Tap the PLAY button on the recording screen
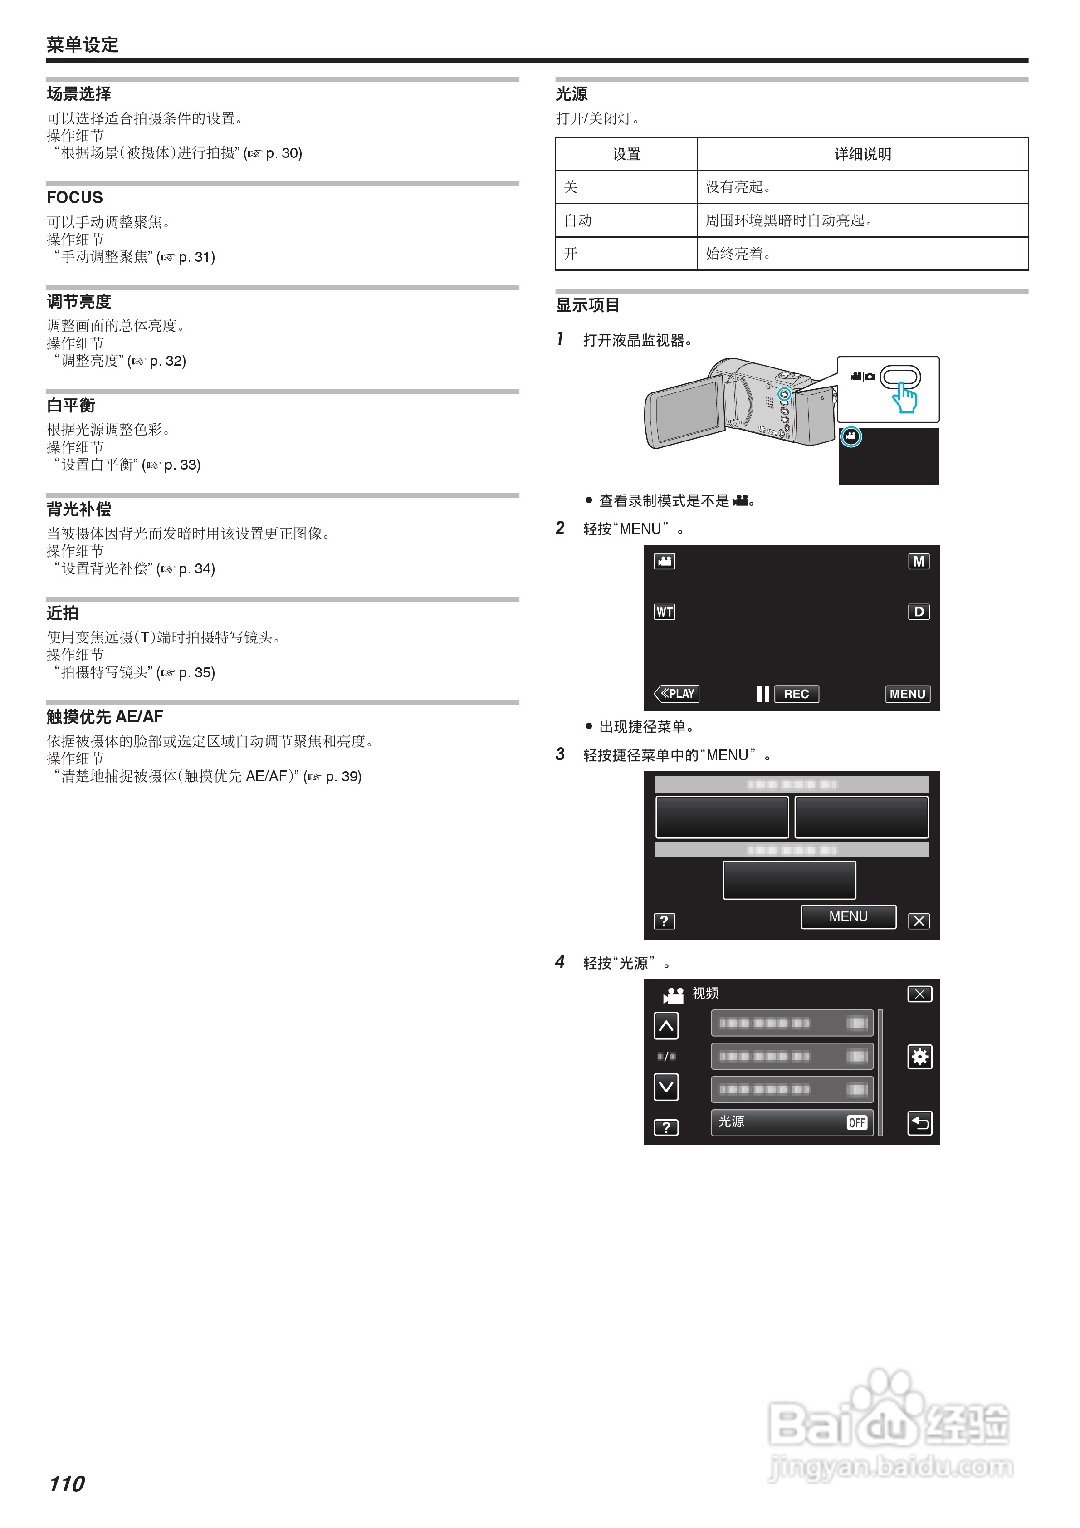pos(677,694)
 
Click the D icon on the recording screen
pos(919,612)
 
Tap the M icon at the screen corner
pos(919,562)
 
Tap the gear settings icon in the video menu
pos(919,1057)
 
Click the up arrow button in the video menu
pos(666,1026)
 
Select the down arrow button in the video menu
pos(666,1087)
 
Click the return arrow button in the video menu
pos(919,1123)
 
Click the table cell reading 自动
pos(577,221)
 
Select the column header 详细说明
pos(862,154)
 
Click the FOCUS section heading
pos(74,198)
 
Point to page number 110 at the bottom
pos(67,1484)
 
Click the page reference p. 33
pos(182,465)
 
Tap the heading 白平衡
pos(71,405)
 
